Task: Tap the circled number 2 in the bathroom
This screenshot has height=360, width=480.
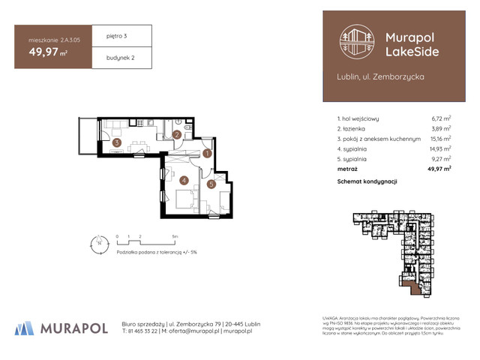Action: tap(176, 135)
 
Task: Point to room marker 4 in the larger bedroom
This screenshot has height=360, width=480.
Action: tap(183, 180)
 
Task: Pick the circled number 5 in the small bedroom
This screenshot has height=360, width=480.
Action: tap(211, 184)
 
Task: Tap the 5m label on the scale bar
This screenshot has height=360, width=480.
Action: tap(175, 235)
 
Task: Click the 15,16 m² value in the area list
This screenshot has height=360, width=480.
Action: tap(439, 139)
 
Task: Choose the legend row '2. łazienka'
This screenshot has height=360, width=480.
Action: tap(357, 128)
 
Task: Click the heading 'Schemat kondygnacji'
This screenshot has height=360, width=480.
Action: tap(367, 181)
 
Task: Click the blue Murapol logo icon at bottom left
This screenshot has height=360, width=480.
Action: tap(25, 328)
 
